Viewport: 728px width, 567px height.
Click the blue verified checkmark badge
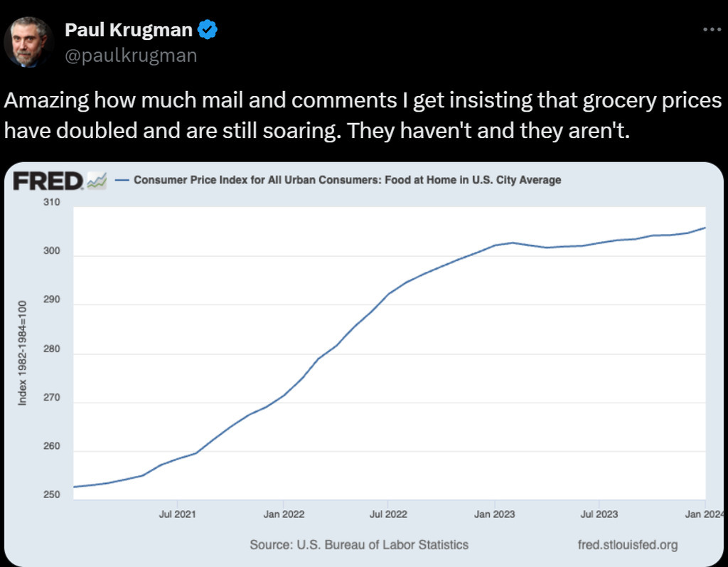[x=208, y=30]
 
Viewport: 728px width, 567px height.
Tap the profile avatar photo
[x=29, y=42]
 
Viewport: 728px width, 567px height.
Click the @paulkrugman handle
[x=131, y=55]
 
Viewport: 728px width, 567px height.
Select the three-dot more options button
[x=711, y=30]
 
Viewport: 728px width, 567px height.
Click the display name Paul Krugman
[x=129, y=30]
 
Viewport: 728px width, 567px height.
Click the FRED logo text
[x=48, y=181]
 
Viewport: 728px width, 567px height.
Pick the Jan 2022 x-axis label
[x=284, y=513]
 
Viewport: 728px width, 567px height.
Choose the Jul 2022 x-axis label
[x=387, y=513]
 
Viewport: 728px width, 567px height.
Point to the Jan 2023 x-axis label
[x=494, y=513]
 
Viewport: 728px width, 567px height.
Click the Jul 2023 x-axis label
[x=599, y=513]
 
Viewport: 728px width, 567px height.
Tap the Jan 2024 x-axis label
[x=704, y=513]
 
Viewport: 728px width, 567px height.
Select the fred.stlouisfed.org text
[x=628, y=545]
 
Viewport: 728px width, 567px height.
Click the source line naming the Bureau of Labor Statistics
[x=359, y=545]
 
